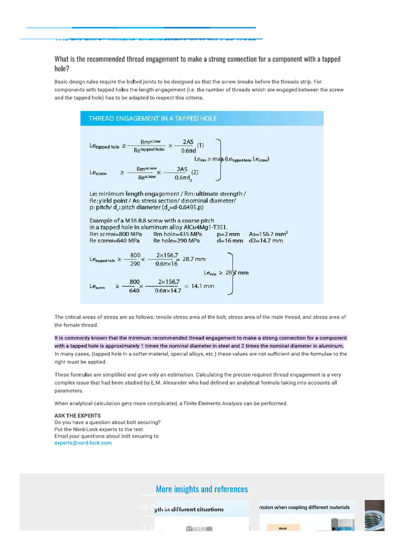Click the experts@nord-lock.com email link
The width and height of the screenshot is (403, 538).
coord(83,443)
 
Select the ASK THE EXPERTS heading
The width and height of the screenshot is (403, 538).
coord(78,416)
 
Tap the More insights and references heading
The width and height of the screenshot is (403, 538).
coord(201,489)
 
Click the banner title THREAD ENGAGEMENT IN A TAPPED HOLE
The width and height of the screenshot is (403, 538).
coord(153,119)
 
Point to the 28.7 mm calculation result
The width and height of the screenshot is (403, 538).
coord(194,259)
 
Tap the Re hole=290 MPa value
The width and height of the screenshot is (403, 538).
coord(176,241)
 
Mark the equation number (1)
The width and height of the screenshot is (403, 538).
coord(200,146)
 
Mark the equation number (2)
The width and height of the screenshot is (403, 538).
coord(194,172)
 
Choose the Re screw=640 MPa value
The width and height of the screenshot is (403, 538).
coord(114,241)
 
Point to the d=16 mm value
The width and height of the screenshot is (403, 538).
coord(230,241)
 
